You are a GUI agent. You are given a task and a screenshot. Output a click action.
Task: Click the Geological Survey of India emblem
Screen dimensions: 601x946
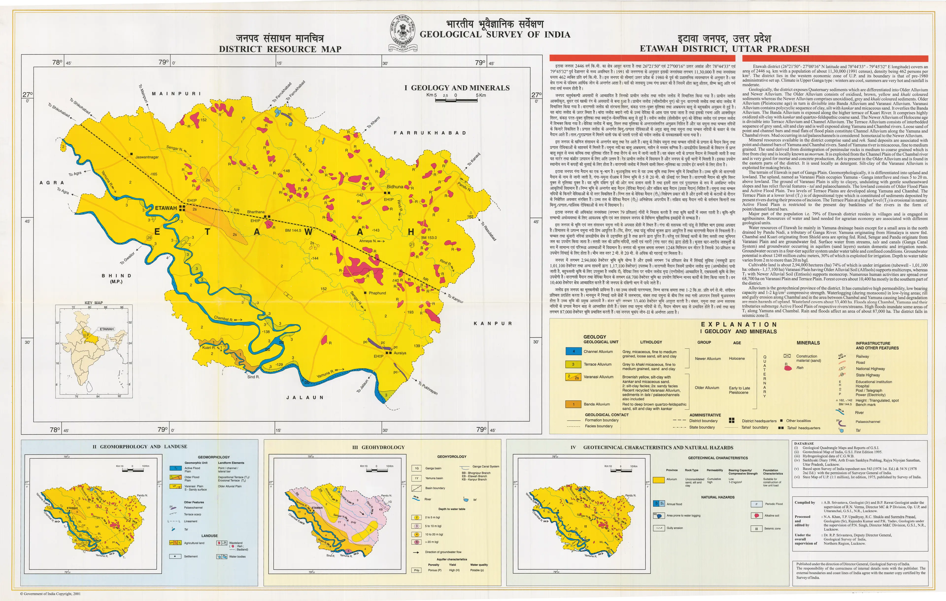pos(403,34)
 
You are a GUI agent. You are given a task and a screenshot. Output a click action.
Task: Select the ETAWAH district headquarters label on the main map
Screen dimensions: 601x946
pos(166,208)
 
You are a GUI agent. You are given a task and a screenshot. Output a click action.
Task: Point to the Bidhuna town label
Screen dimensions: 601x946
pos(395,187)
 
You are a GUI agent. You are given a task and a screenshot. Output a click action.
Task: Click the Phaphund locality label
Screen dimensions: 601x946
pos(377,293)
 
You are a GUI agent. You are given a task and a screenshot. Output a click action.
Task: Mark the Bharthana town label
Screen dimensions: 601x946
pos(256,212)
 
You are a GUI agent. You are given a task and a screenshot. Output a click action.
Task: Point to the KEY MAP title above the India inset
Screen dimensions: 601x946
pos(94,303)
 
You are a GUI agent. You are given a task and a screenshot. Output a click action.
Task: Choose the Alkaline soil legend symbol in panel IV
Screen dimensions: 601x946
pos(756,515)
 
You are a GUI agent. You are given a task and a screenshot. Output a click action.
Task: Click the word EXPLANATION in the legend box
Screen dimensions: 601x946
pos(739,325)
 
